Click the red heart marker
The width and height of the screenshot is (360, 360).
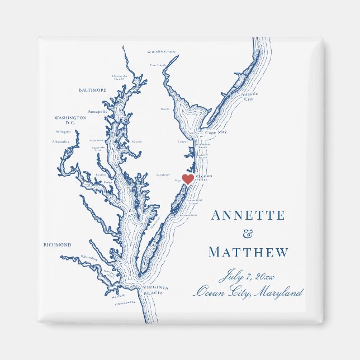point(188,179)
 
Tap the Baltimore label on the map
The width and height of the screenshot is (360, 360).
point(92,90)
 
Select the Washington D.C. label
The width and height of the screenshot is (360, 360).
point(70,120)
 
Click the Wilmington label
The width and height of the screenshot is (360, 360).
point(162,52)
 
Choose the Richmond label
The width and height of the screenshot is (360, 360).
point(57,245)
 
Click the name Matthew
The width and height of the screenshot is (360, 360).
point(248,253)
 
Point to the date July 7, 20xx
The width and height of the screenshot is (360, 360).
point(248,276)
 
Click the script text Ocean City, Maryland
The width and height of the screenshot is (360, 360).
point(248,292)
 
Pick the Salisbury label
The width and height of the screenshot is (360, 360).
point(163,174)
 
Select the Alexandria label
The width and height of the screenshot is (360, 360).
point(60,141)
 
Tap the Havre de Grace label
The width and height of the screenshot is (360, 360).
point(120,77)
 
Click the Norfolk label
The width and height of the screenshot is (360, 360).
point(118,296)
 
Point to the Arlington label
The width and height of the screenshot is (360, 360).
point(63,131)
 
